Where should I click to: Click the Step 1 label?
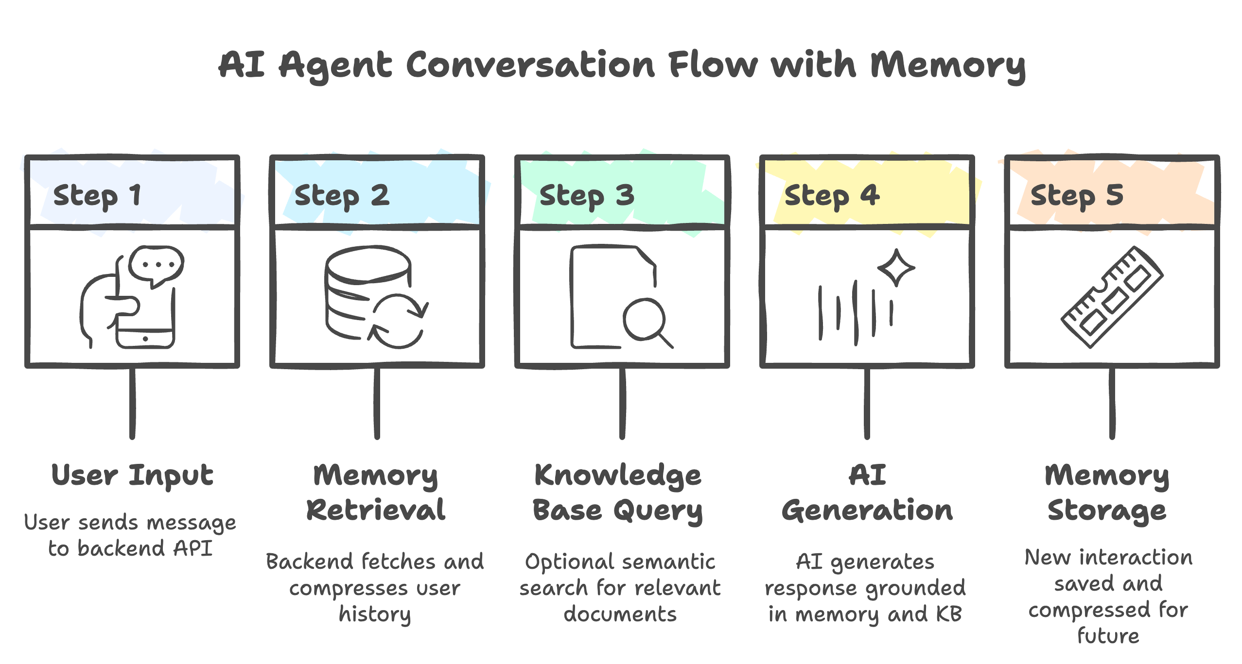click(x=97, y=195)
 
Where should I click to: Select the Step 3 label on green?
click(x=587, y=195)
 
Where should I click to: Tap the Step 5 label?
click(x=1076, y=195)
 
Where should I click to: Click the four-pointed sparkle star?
click(x=896, y=268)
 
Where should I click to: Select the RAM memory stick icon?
click(x=1112, y=297)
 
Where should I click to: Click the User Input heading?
click(x=132, y=475)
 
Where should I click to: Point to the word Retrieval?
click(x=376, y=510)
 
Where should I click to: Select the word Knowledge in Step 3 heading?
click(x=618, y=475)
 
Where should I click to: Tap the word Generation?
click(x=867, y=510)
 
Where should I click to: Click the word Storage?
click(x=1107, y=510)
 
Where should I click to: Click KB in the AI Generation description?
click(x=948, y=614)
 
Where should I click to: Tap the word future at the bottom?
click(x=1108, y=636)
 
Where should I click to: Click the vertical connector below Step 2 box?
click(x=377, y=403)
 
